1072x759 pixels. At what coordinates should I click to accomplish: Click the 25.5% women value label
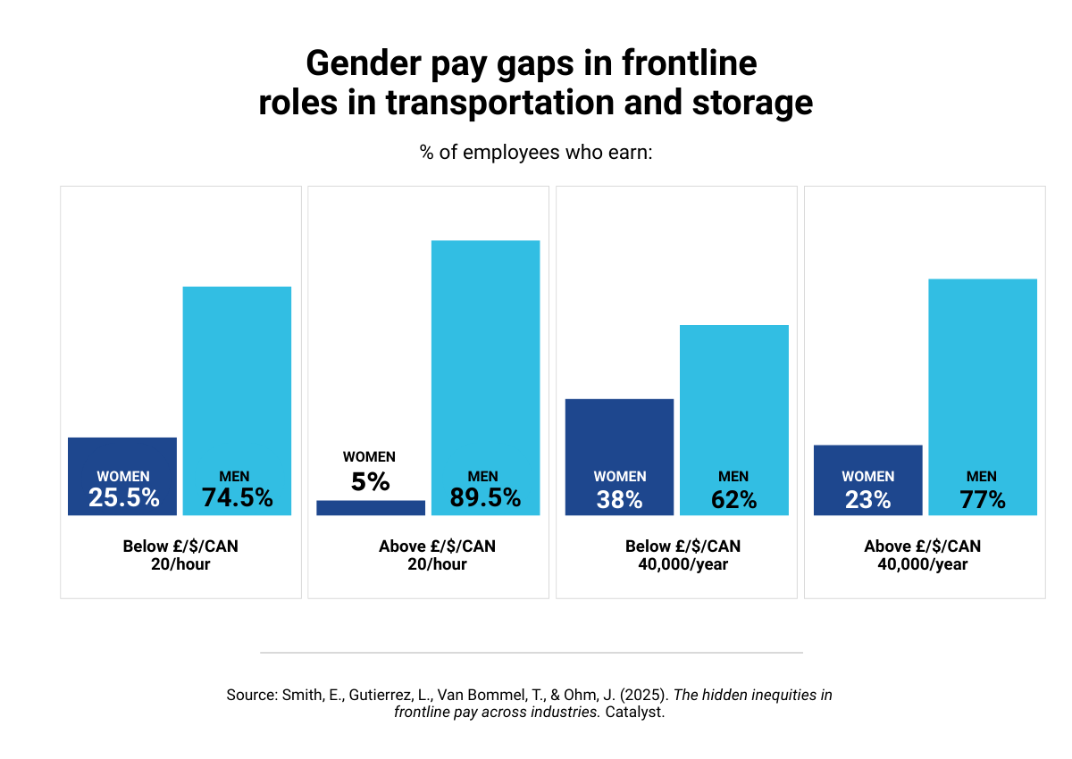point(123,498)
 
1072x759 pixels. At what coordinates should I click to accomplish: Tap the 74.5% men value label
point(237,498)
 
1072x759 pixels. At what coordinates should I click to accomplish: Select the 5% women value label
point(371,482)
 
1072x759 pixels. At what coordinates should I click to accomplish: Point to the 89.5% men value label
point(485,498)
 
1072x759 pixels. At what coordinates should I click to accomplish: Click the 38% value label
point(620,500)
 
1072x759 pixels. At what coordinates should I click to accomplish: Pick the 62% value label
point(734,500)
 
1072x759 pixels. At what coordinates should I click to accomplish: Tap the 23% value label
point(868,500)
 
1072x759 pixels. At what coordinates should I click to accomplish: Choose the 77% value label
point(983,500)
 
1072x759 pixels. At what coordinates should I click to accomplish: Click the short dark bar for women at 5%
point(371,508)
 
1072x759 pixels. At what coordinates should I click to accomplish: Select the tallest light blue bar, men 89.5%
point(485,357)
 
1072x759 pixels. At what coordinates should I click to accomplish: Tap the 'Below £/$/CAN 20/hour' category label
point(180,555)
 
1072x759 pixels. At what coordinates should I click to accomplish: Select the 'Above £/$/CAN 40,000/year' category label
point(923,555)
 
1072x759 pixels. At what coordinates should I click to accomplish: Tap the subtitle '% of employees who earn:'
point(536,153)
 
